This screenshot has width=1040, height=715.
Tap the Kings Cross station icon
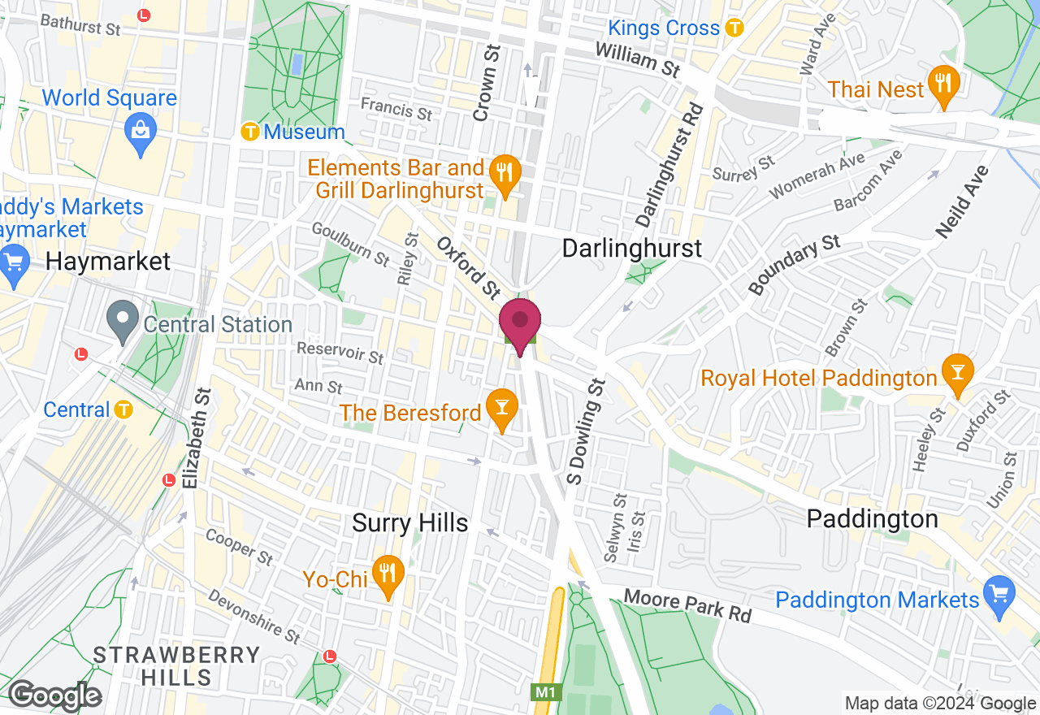click(x=734, y=28)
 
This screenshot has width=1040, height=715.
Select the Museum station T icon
click(x=251, y=131)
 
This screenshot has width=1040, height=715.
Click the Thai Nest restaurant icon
click(x=943, y=85)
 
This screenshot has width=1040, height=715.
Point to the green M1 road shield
click(x=547, y=692)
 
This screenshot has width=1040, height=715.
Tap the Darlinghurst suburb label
click(x=632, y=248)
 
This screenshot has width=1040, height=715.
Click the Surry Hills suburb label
click(x=410, y=523)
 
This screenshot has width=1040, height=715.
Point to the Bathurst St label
click(x=80, y=24)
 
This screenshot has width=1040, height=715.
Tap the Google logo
click(x=54, y=695)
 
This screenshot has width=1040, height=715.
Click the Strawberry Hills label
click(x=176, y=665)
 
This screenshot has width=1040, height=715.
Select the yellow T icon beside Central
click(x=123, y=409)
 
